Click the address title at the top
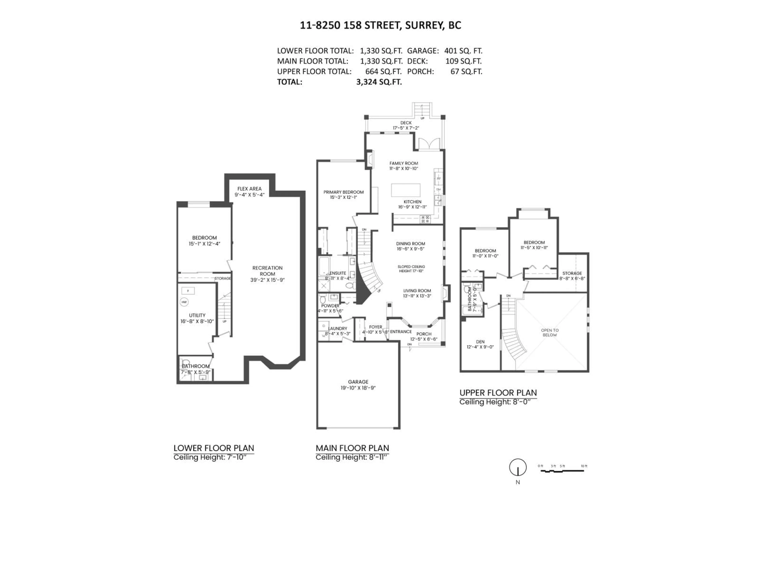pos(380,25)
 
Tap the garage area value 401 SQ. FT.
pos(463,51)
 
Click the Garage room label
pos(358,382)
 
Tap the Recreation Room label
pos(267,271)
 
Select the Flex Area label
pos(249,189)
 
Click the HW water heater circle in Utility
pos(184,302)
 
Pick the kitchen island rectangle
pos(406,190)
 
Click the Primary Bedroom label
pos(344,192)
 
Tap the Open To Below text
pos(550,332)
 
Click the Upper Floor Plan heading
pos(498,393)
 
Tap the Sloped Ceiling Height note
pos(411,268)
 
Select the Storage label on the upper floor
pos(572,273)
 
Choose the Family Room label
pos(404,163)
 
